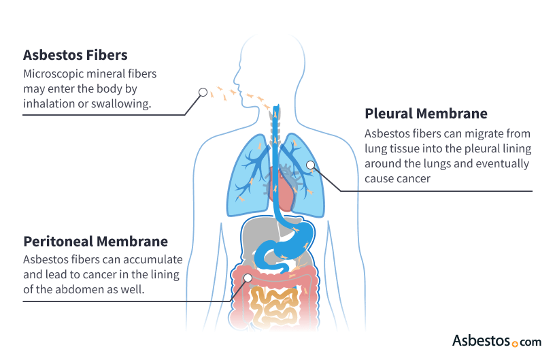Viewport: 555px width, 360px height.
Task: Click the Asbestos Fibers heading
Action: click(x=75, y=54)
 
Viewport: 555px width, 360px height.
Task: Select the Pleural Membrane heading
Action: click(x=426, y=113)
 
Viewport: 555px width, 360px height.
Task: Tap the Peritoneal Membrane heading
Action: click(x=95, y=241)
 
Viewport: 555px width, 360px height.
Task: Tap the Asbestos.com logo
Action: click(x=497, y=340)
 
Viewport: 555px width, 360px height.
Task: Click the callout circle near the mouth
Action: click(x=203, y=92)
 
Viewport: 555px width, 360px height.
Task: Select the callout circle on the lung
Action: click(x=310, y=164)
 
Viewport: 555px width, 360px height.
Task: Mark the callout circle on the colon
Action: click(x=248, y=278)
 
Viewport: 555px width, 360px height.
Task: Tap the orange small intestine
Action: click(x=275, y=306)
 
